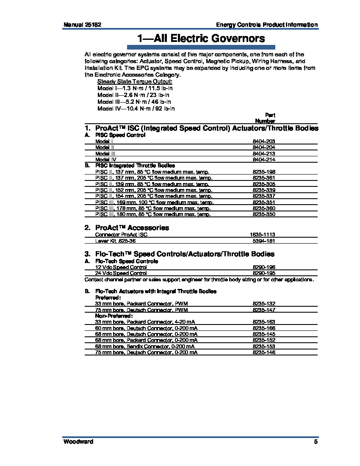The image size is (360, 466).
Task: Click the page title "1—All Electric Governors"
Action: click(201, 39)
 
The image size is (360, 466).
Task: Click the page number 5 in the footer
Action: click(316, 442)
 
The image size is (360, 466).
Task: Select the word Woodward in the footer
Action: click(78, 442)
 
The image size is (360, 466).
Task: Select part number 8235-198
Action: click(264, 172)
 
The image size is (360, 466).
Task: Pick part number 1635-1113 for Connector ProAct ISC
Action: click(263, 235)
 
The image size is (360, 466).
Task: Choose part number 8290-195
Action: click(264, 273)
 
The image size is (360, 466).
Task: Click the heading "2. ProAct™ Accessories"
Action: click(127, 227)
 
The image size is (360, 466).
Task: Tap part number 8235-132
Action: click(264, 304)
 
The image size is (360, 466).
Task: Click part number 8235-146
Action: click(264, 352)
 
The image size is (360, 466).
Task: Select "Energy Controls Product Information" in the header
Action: click(267, 25)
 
